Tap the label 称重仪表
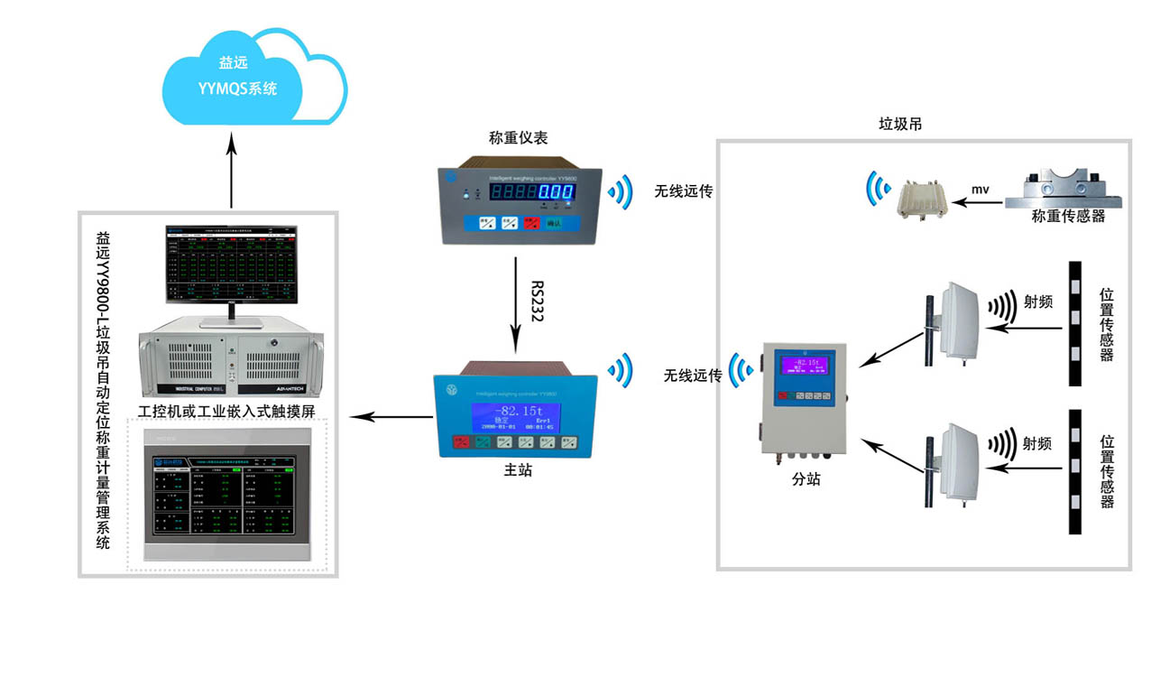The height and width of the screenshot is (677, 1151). tap(518, 138)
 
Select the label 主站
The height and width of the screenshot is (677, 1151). tap(517, 470)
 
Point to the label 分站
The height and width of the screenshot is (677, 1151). tap(806, 480)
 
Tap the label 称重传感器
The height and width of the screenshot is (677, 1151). tap(1068, 217)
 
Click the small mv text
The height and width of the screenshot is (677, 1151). tap(981, 190)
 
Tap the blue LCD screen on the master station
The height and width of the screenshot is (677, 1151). tap(515, 417)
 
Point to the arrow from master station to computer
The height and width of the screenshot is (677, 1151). tap(391, 416)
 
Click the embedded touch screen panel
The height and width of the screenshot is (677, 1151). tap(227, 492)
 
